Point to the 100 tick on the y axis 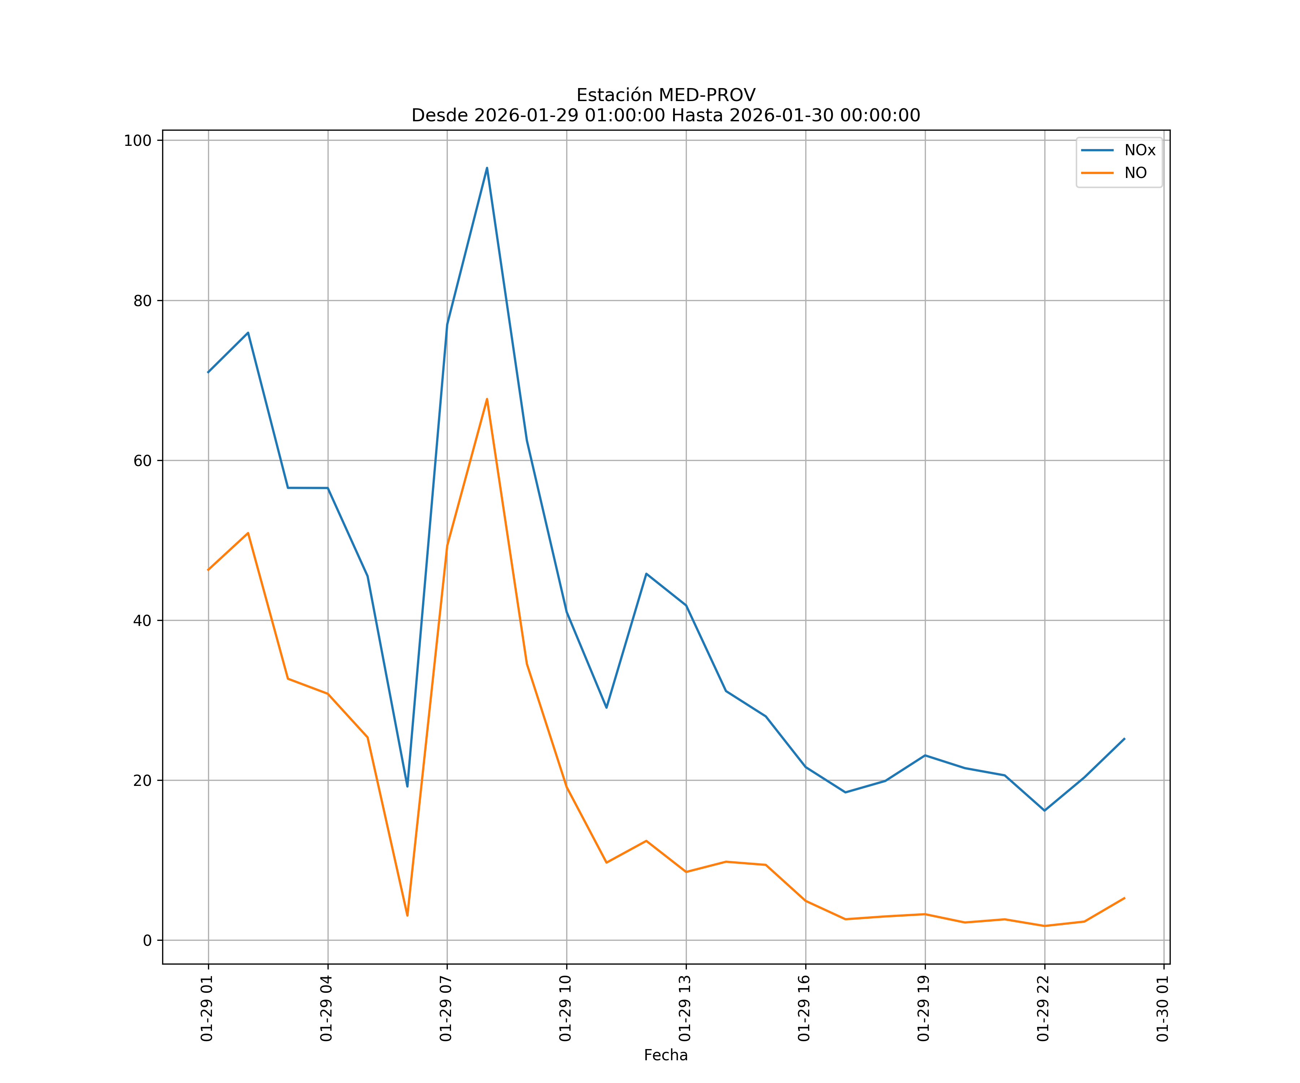pos(138,140)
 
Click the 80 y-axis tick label pos(142,301)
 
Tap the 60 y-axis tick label pos(142,460)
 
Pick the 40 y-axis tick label pos(142,621)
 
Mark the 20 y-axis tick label pos(142,780)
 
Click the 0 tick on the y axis pos(147,941)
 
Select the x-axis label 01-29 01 pos(207,1008)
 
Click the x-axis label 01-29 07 pos(446,1008)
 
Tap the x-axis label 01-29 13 pos(685,1008)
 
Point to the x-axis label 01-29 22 pos(1043,1008)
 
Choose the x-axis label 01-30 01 pos(1162,1008)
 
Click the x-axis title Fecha pos(666,1055)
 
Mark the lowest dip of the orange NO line pos(407,915)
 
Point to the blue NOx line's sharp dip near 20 pos(407,786)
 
